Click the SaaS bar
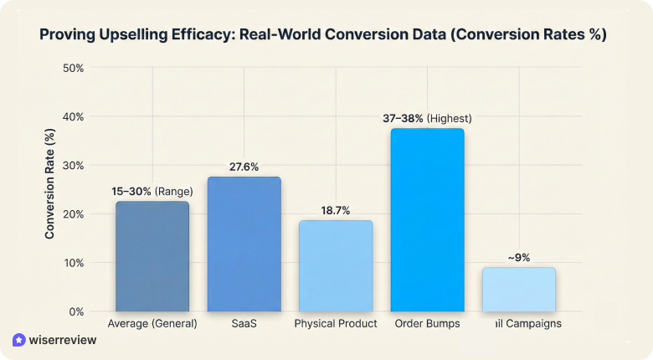[244, 244]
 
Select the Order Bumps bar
[427, 219]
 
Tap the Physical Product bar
[336, 266]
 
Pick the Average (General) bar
[152, 256]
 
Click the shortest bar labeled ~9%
[518, 290]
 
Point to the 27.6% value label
[244, 167]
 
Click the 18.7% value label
[336, 211]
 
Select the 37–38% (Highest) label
[427, 119]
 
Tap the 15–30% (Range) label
[152, 192]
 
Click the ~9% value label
[518, 258]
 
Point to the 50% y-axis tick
[74, 68]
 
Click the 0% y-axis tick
[76, 311]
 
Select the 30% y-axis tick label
[74, 165]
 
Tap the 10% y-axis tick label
[74, 263]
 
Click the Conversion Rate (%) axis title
[50, 189]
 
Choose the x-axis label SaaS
[244, 323]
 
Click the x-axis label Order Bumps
[427, 323]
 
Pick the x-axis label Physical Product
[336, 323]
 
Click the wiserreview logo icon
[19, 340]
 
